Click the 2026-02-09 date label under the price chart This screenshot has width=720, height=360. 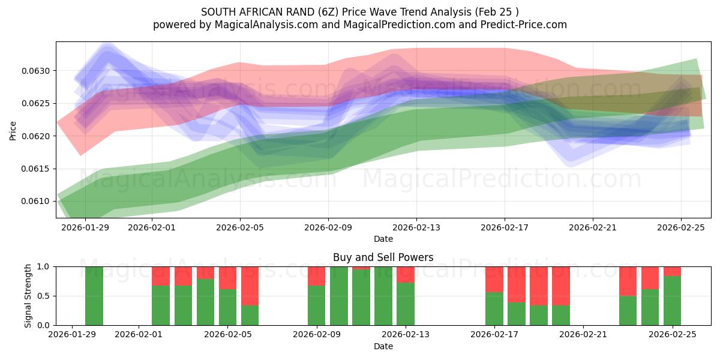tap(328, 227)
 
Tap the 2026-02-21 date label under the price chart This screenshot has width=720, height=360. tap(593, 227)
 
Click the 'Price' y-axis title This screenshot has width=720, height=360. tap(13, 130)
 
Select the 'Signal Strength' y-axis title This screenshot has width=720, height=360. tap(28, 296)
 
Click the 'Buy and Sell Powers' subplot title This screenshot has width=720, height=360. tap(383, 258)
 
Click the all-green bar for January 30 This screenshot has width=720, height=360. tap(94, 296)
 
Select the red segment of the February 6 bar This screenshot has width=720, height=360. tap(250, 286)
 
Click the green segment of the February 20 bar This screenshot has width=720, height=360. tap(561, 316)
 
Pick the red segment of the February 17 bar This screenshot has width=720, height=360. tap(494, 279)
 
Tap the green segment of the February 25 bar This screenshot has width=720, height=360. tap(673, 301)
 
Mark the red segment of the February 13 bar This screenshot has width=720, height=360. tap(406, 274)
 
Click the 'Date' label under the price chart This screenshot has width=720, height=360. tap(383, 239)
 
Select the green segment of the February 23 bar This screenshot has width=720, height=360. tap(628, 310)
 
